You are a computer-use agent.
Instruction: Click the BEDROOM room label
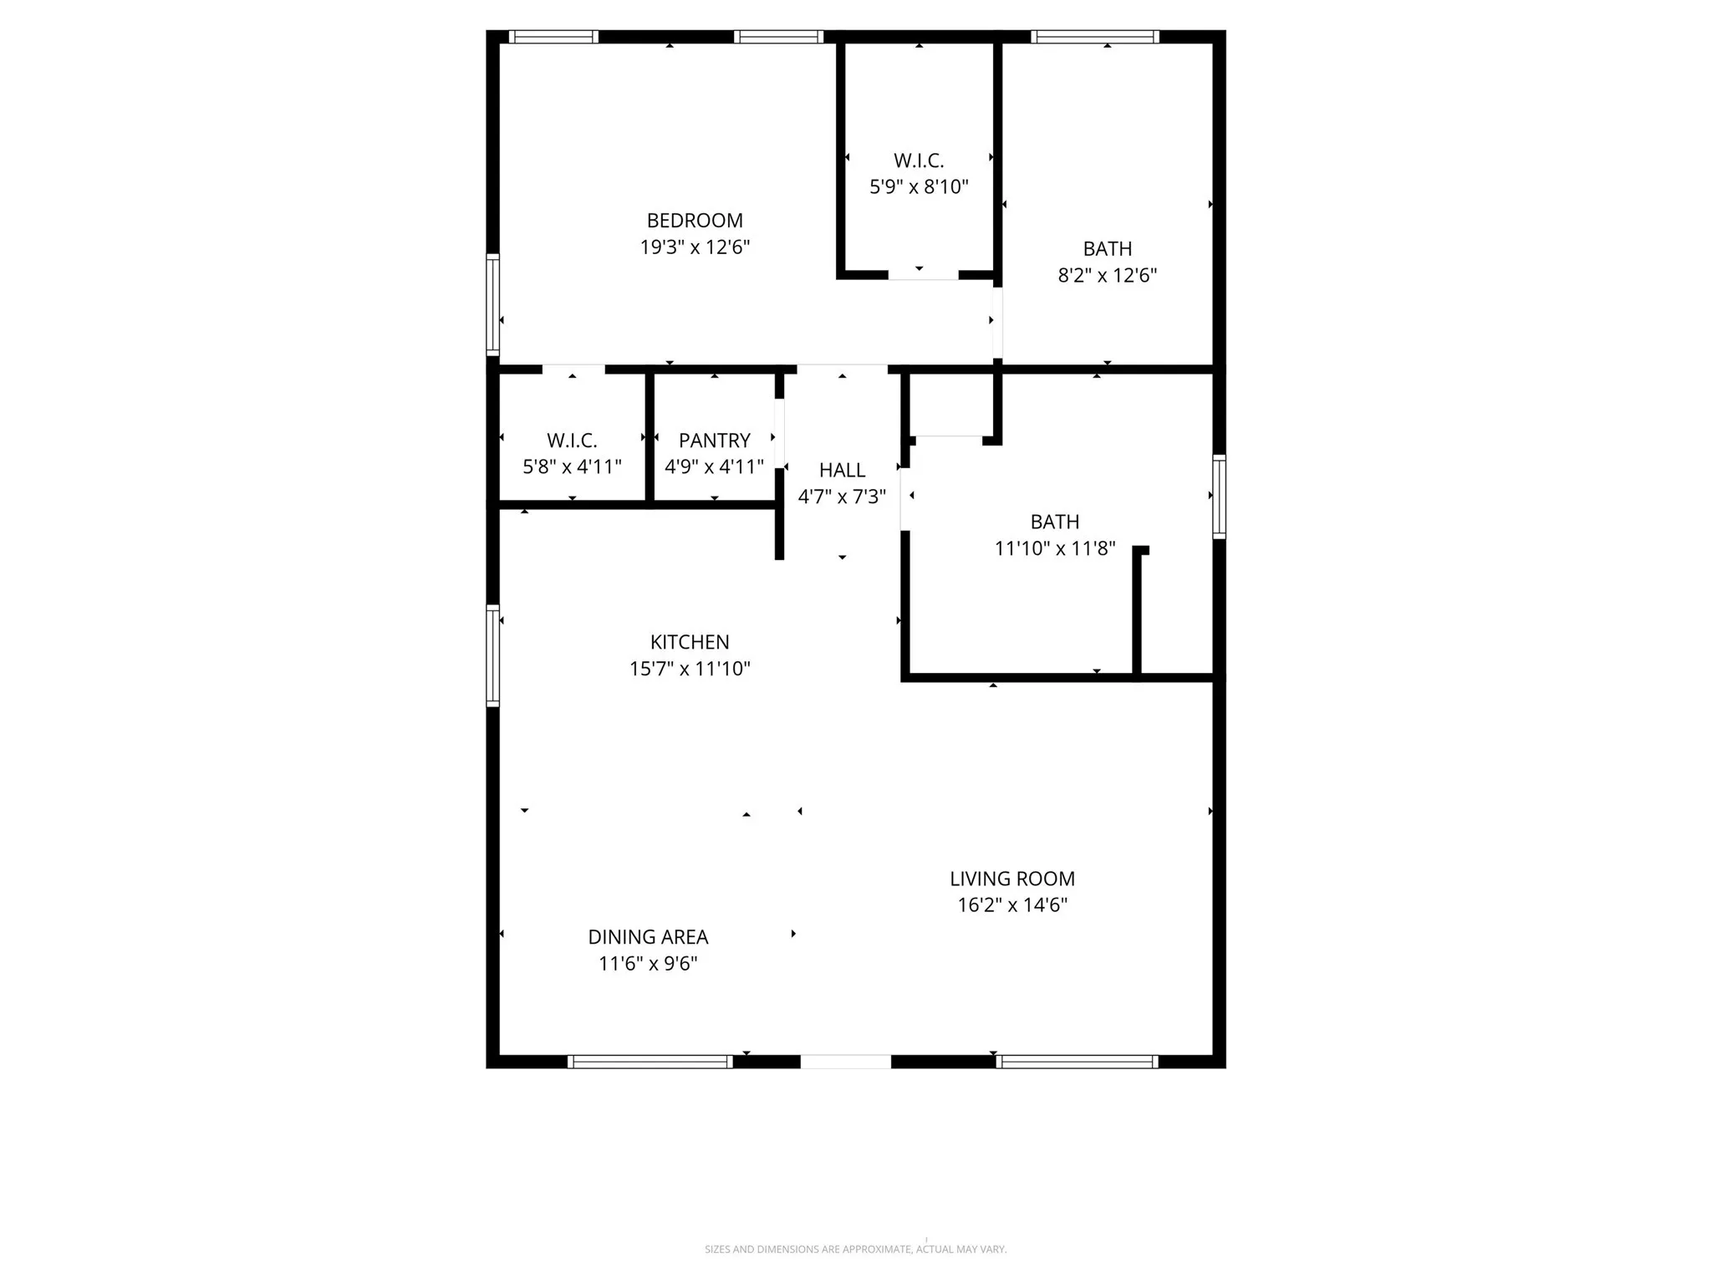[695, 221]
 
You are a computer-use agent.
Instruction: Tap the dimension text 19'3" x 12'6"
[695, 247]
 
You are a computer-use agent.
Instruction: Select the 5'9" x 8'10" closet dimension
[919, 186]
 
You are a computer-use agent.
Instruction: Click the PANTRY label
[714, 441]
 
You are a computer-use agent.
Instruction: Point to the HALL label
[842, 471]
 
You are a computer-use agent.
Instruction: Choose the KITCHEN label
[690, 642]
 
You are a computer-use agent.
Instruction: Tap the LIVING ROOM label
[1011, 879]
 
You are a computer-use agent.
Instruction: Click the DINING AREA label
[648, 937]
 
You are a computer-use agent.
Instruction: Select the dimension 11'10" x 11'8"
[1054, 548]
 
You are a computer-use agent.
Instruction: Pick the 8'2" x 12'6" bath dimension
[1107, 275]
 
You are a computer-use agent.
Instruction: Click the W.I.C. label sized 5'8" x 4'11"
[572, 441]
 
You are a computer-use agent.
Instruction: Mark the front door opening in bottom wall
[845, 1062]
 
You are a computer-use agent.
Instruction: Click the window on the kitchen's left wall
[493, 655]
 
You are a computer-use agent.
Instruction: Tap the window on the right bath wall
[1219, 497]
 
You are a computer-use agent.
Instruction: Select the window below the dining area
[650, 1062]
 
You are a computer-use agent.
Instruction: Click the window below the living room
[1077, 1062]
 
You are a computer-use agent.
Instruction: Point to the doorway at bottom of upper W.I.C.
[923, 275]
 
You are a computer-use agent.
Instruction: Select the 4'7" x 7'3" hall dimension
[842, 497]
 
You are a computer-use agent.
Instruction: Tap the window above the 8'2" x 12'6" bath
[1094, 37]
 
